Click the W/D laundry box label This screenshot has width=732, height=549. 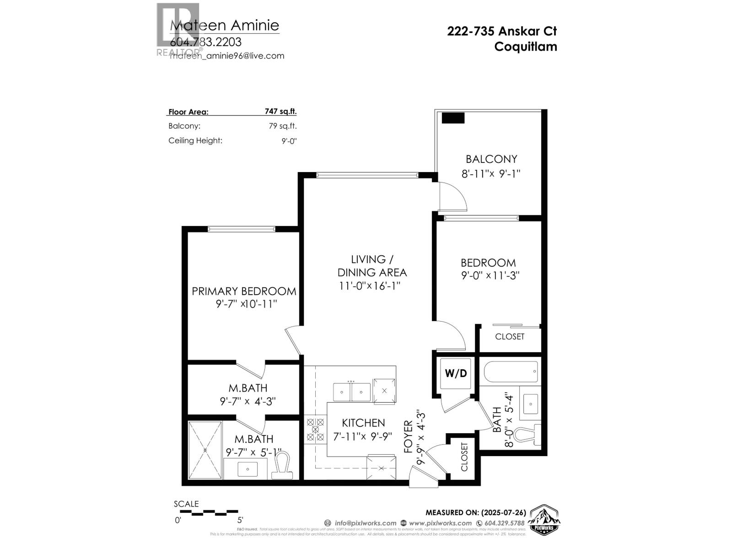[456, 373]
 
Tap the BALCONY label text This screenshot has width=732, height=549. [491, 159]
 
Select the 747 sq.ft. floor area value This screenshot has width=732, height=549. [280, 111]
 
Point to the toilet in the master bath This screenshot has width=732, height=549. [282, 466]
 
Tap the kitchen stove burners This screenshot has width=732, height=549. [315, 430]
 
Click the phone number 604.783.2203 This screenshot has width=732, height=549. [205, 42]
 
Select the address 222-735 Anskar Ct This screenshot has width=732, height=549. [502, 31]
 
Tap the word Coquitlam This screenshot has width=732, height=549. [526, 47]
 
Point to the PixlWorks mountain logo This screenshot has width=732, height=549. [544, 520]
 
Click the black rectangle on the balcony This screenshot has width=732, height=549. [453, 118]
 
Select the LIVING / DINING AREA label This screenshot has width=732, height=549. [371, 266]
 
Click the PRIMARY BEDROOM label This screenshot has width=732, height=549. [244, 291]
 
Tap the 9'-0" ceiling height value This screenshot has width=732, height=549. [289, 141]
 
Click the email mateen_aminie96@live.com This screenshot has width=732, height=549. [227, 56]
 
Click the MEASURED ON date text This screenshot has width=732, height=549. [476, 512]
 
